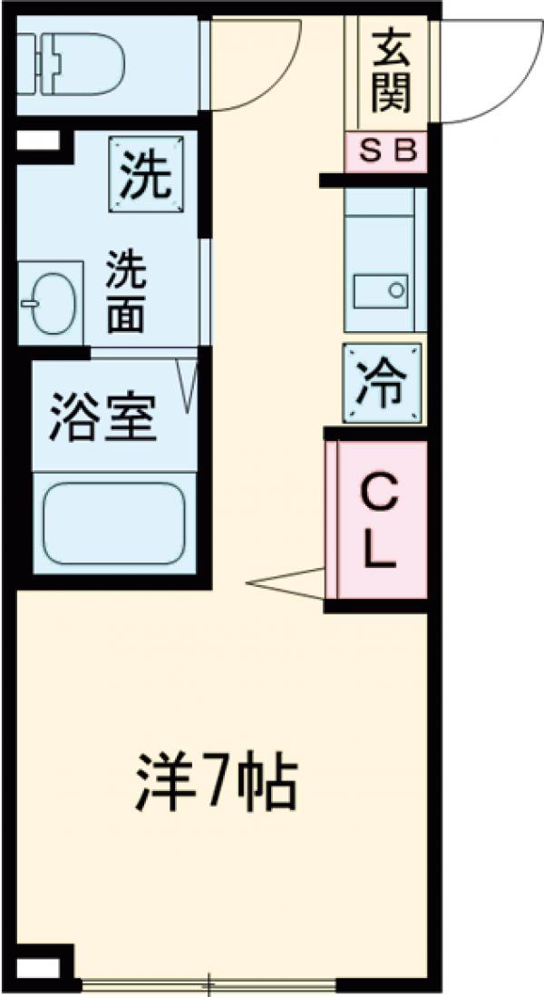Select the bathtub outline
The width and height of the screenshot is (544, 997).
click(x=114, y=522)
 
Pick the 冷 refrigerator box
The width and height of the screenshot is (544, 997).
click(x=383, y=384)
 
